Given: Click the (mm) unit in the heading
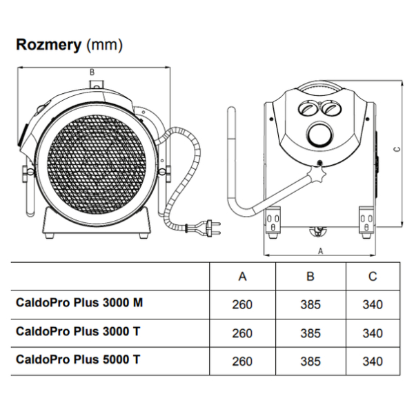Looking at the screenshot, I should point(104,46).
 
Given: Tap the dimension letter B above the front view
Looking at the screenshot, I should point(92,72).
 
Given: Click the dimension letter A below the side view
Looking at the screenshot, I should point(321,250).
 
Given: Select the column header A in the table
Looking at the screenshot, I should point(242,277).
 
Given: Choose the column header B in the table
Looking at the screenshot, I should point(310,277).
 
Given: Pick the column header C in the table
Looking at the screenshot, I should point(373,277).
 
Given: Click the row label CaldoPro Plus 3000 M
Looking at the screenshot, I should point(79,304).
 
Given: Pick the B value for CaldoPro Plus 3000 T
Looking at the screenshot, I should point(310,333).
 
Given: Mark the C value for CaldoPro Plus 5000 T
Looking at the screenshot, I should point(373,361).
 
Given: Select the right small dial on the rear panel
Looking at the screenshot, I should point(331,107).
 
